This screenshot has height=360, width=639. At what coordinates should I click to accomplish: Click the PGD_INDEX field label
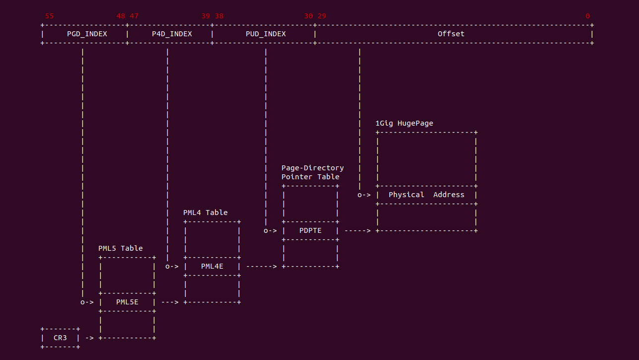[x=87, y=34]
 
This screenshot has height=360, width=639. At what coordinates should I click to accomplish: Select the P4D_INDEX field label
[x=172, y=34]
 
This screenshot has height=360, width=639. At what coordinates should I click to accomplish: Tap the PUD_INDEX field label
[x=266, y=34]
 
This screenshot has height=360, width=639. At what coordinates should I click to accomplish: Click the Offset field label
[x=451, y=34]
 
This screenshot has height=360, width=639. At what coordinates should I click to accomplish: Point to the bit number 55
[x=49, y=16]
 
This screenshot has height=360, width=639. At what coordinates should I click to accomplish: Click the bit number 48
[x=121, y=16]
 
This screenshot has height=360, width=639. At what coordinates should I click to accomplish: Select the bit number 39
[x=206, y=16]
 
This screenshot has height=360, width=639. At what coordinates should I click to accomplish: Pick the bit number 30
[x=308, y=16]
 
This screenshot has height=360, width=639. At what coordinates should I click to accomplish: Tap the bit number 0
[x=587, y=16]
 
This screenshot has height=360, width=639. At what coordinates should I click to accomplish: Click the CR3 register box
[x=60, y=338]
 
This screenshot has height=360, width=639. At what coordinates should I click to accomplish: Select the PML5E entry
[x=127, y=302]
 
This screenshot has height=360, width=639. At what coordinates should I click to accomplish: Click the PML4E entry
[x=212, y=266]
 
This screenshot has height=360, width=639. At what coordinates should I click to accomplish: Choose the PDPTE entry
[x=310, y=230]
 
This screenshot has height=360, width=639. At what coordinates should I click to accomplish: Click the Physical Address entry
[x=426, y=195]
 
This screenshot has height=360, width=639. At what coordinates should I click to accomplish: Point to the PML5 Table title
[x=120, y=248]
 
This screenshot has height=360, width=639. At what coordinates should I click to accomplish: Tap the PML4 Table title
[x=205, y=213]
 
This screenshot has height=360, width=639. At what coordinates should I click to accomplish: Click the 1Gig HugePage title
[x=404, y=123]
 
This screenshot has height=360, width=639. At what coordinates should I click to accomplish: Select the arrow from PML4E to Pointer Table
[x=261, y=266]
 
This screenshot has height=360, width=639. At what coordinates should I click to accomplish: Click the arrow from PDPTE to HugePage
[x=357, y=230]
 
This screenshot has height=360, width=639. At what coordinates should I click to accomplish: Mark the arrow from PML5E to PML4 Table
[x=170, y=302]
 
